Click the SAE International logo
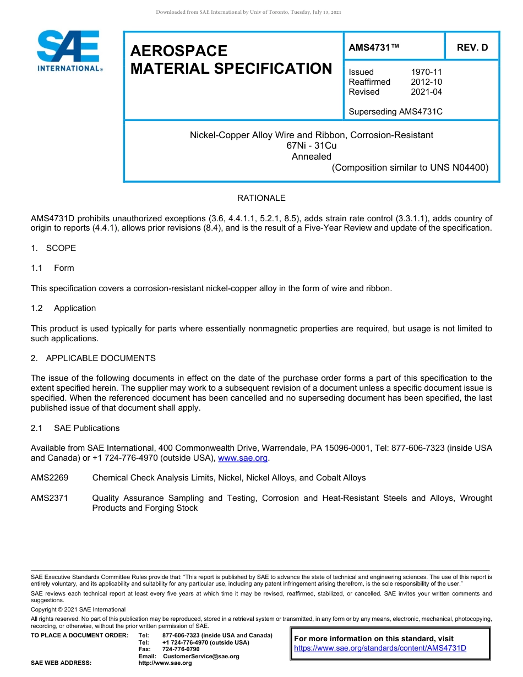coord(68,51)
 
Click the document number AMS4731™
coord(373,48)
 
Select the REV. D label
coord(472,48)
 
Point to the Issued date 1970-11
coord(426,72)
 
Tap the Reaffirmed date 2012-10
coord(426,82)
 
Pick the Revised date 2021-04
coord(426,92)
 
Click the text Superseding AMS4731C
coord(395,112)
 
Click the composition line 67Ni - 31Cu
coord(311,146)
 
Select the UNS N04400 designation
coord(460,168)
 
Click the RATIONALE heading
coord(261,198)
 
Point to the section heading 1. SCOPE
coord(53,248)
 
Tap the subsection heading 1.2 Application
coord(64,308)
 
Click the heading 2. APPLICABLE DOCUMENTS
coord(93,358)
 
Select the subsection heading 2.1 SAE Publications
coord(75,428)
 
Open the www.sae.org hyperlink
coord(243,458)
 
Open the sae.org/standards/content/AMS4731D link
coord(380,648)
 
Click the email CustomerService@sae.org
coord(201,656)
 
